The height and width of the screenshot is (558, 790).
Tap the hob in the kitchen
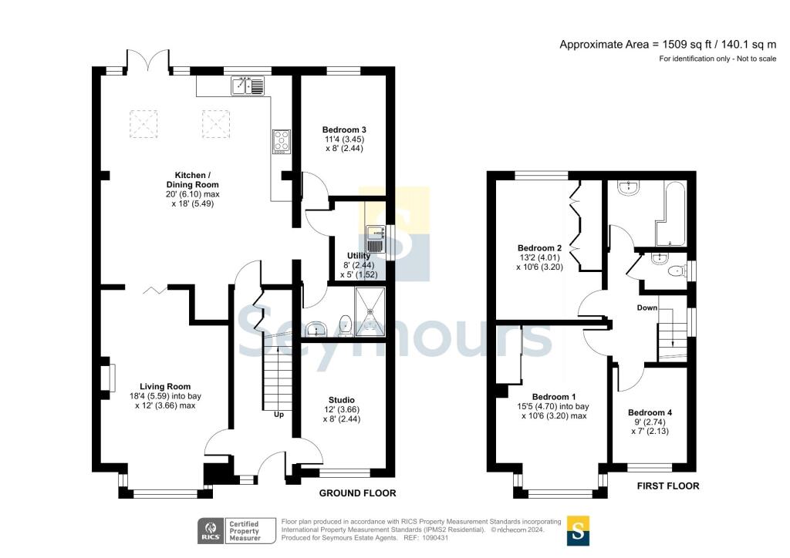(281, 141)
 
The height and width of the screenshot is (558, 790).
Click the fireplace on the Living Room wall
(108, 378)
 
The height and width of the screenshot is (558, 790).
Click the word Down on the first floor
(647, 308)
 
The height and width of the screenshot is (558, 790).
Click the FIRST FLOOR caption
(667, 486)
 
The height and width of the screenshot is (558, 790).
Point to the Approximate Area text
(667, 45)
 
